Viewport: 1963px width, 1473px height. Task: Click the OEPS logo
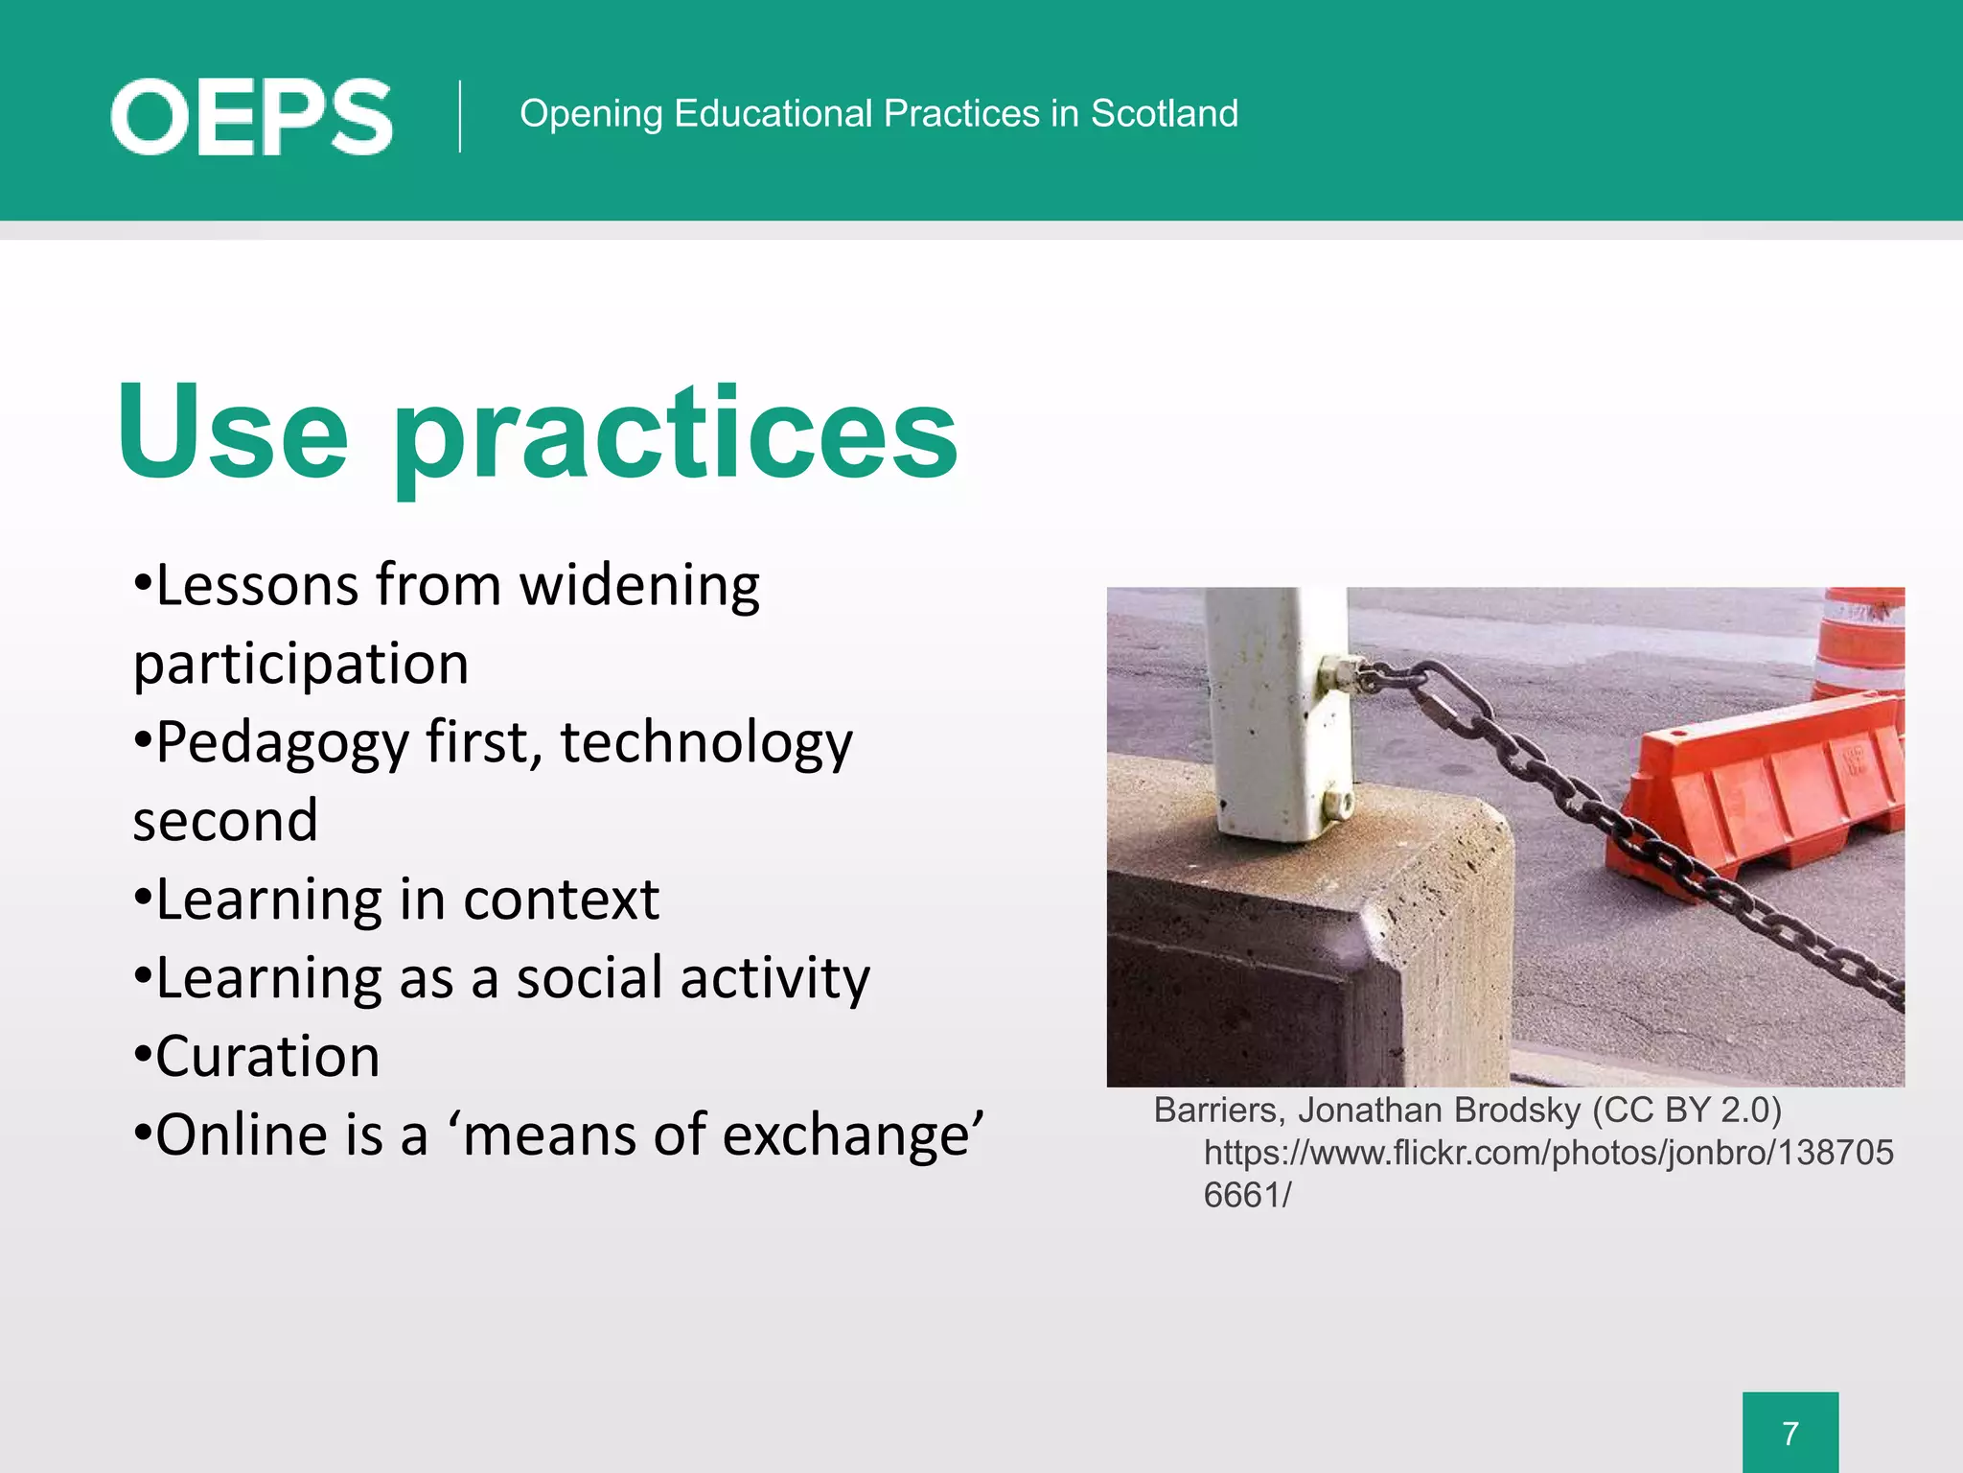point(251,117)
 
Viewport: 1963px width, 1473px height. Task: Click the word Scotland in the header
point(1164,113)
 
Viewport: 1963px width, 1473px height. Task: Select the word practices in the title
point(675,436)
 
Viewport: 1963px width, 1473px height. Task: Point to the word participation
point(301,665)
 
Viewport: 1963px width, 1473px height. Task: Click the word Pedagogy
point(282,744)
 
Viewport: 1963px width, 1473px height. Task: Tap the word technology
point(705,744)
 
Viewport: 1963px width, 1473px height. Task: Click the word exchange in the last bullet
point(851,1135)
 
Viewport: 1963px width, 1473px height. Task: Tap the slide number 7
point(1790,1433)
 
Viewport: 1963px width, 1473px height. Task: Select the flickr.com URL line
point(1548,1152)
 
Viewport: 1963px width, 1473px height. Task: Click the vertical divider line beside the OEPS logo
point(460,116)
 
